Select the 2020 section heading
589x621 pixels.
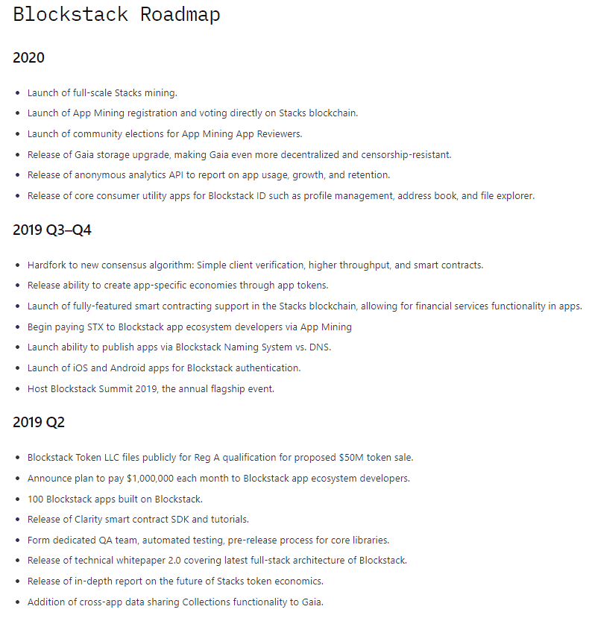click(28, 57)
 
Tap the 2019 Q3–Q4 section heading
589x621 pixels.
click(52, 230)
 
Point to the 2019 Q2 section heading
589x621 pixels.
click(39, 422)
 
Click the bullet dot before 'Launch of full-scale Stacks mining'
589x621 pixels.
click(18, 93)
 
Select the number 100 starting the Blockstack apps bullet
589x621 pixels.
click(36, 498)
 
